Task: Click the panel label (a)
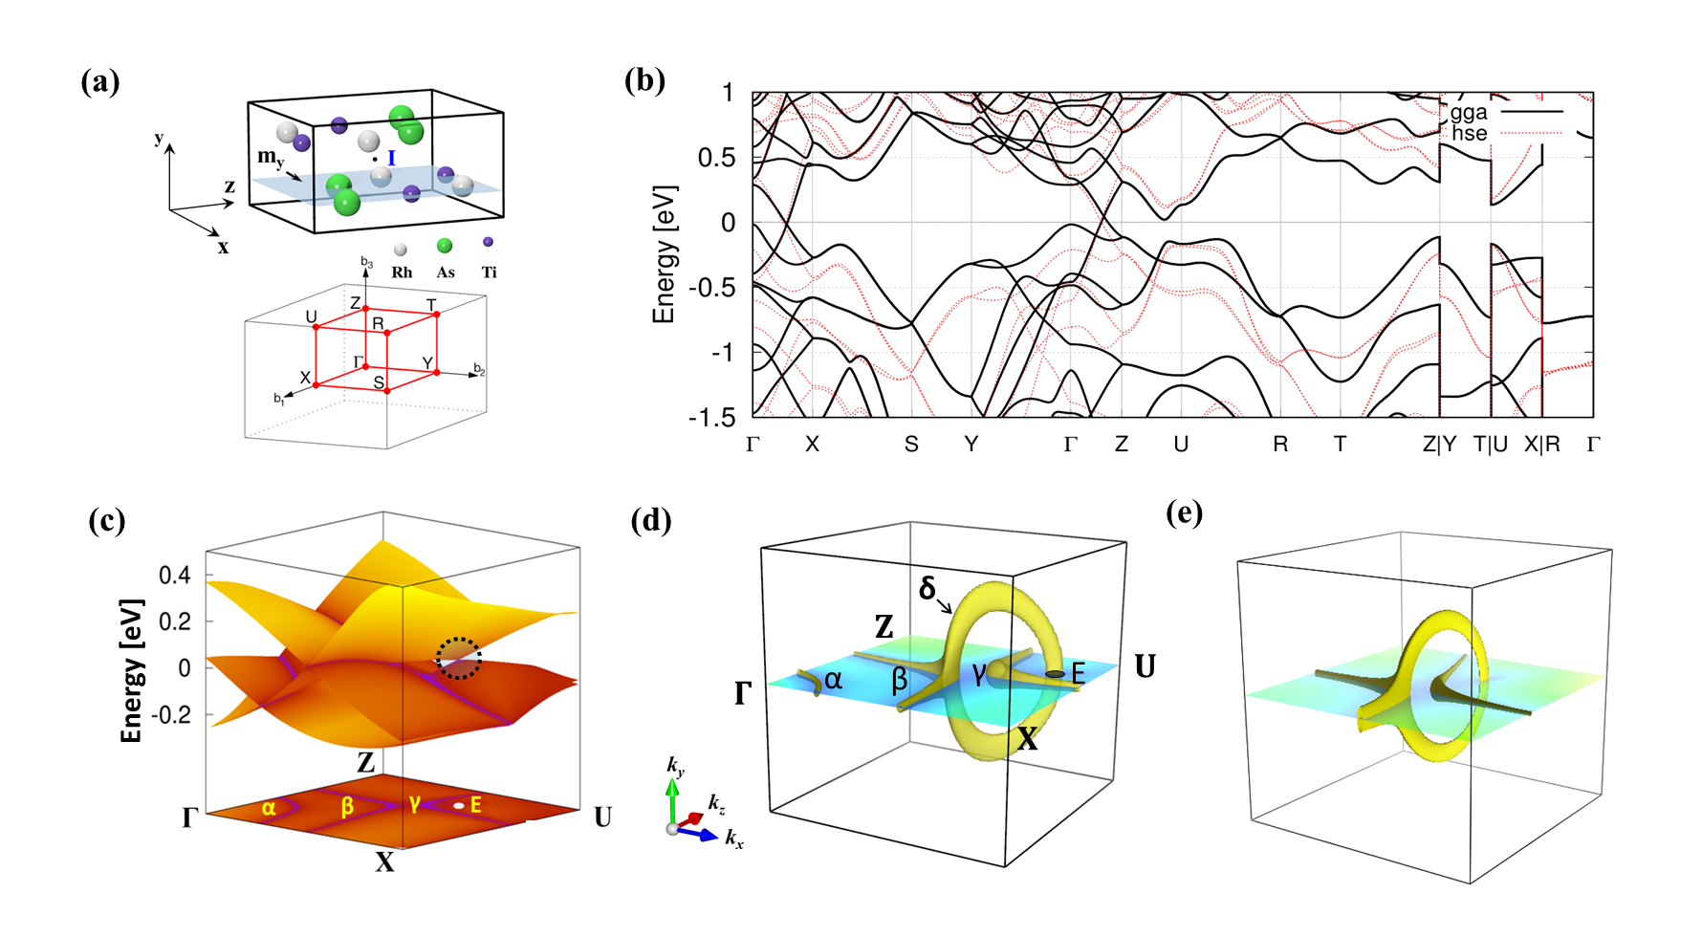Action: pos(100,82)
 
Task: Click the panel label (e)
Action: pos(1185,513)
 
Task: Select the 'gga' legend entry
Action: pos(1469,112)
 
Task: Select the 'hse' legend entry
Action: pos(1469,133)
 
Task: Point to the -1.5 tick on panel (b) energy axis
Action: pos(712,417)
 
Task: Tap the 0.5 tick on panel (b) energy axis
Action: pos(716,158)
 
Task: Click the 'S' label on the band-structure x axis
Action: pos(911,445)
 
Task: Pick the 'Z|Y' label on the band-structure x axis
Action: pos(1439,445)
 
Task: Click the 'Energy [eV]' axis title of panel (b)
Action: pos(664,254)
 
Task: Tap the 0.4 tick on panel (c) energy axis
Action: pos(175,576)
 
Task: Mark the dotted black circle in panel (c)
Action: pos(459,658)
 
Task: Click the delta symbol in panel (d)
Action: pos(927,588)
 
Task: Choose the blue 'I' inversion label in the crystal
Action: pos(391,158)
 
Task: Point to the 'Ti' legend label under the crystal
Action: pos(490,272)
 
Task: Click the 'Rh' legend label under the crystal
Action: pos(402,272)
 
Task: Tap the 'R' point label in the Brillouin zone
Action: pos(378,324)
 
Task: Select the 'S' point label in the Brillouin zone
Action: pos(379,383)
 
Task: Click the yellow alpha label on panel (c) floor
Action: pos(269,808)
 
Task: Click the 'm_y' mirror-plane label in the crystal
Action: pos(271,157)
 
